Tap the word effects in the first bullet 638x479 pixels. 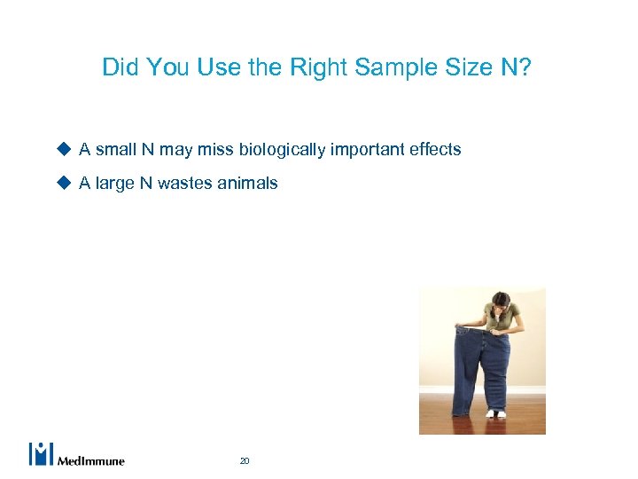point(435,150)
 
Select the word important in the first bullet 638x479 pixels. point(367,150)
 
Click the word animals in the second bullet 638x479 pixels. point(251,184)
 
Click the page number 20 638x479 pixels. point(245,460)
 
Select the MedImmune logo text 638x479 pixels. point(91,460)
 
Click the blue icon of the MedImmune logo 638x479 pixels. point(42,453)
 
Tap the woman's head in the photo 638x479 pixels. point(501,301)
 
